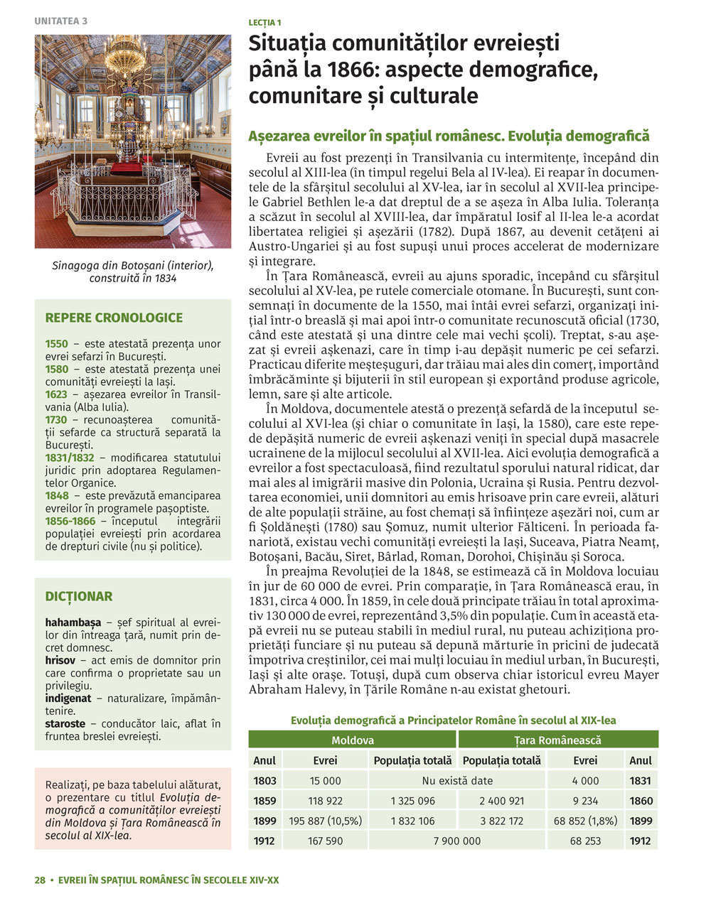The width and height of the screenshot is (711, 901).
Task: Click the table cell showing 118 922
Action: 325,801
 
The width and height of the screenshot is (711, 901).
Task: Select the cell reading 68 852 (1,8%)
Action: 585,821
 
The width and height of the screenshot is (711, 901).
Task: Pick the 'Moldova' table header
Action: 353,740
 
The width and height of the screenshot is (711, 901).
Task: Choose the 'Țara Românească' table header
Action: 558,740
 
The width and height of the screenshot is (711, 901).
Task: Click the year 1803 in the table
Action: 264,780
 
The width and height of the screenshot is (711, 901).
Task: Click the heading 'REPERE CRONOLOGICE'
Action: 114,318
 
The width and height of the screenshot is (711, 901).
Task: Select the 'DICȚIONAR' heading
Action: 79,596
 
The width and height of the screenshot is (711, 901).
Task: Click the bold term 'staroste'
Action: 65,723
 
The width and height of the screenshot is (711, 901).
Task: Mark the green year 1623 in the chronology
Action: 57,394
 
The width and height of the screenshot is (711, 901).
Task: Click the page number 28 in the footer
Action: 40,880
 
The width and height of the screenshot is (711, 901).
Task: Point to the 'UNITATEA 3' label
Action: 60,21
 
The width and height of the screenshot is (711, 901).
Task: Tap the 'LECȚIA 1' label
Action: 264,23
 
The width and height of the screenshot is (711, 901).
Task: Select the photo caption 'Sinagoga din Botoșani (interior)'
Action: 133,265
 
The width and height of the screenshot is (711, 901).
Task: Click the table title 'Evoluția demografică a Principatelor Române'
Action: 453,720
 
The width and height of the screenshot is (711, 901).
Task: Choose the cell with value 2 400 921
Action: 501,801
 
